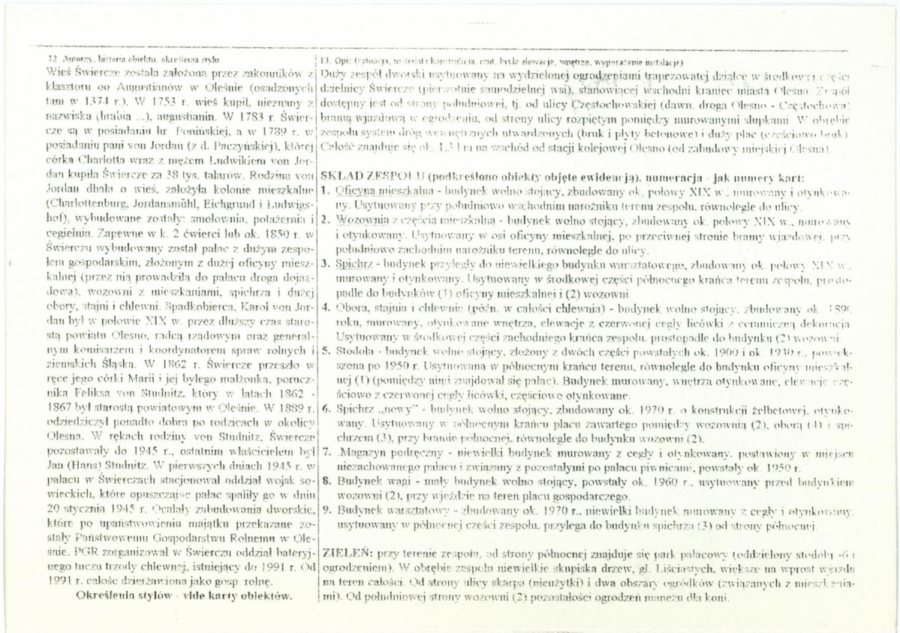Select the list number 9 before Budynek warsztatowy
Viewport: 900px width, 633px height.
tap(324, 511)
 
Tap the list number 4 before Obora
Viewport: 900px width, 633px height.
tap(324, 307)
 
